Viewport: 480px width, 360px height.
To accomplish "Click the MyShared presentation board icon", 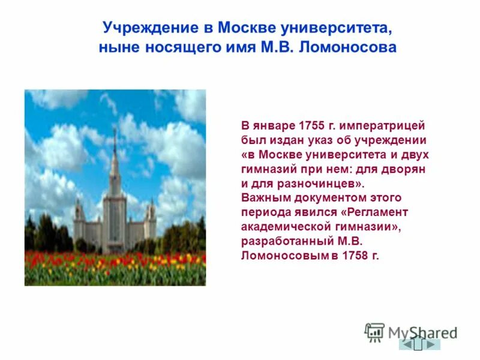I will coord(374,332).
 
